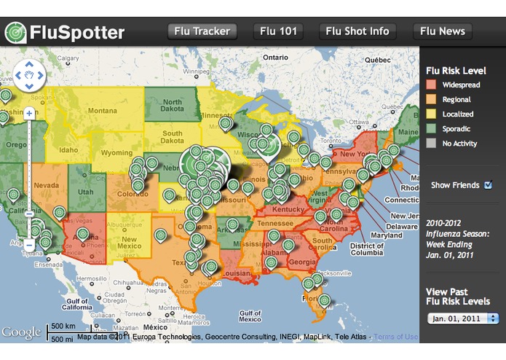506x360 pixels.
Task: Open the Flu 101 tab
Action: click(x=277, y=31)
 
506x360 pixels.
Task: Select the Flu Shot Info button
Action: click(x=357, y=31)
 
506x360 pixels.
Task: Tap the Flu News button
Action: click(x=442, y=31)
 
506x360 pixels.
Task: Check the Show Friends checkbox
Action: click(x=488, y=185)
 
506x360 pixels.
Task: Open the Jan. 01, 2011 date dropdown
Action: click(x=463, y=318)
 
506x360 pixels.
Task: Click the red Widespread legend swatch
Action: click(x=431, y=85)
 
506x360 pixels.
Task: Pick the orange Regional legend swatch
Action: click(x=431, y=100)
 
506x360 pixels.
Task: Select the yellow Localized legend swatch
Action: click(x=431, y=114)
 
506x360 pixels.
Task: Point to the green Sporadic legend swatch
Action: click(x=431, y=129)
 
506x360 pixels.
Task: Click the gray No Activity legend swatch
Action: click(x=431, y=144)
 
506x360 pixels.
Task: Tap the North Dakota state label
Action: click(x=172, y=106)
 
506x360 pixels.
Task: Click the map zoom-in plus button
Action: click(x=29, y=113)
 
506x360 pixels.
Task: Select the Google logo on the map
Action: click(x=21, y=333)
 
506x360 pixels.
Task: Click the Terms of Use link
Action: click(x=396, y=337)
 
